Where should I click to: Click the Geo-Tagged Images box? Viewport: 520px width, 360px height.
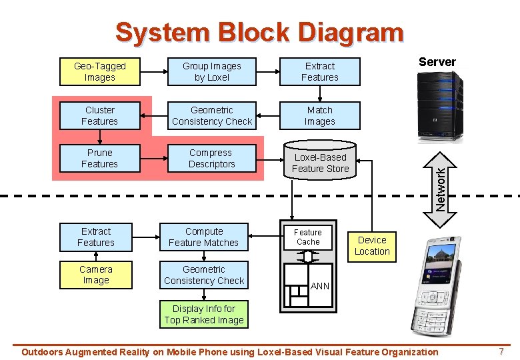[100, 72]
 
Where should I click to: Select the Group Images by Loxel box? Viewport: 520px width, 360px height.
[211, 72]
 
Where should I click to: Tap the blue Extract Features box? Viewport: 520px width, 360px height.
[319, 72]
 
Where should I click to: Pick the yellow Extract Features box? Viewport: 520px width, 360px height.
[95, 237]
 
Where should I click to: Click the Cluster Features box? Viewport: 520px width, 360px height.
[100, 116]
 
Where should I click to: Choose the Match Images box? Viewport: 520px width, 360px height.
[319, 116]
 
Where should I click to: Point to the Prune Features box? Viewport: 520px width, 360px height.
[100, 159]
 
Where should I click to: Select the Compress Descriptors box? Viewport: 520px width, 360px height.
[211, 159]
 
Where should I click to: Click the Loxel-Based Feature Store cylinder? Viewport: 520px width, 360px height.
[320, 163]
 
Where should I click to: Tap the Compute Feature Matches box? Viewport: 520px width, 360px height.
[203, 237]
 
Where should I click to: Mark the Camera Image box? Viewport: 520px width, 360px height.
[95, 275]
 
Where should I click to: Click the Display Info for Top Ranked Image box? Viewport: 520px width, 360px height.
[204, 315]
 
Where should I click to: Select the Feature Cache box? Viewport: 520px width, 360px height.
[308, 237]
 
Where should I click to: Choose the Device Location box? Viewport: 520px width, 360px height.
[372, 246]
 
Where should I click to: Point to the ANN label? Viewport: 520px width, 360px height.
[320, 286]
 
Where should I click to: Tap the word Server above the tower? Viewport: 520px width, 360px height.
[437, 62]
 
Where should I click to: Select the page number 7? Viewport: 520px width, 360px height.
[501, 351]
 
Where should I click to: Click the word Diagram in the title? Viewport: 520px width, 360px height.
[351, 32]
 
